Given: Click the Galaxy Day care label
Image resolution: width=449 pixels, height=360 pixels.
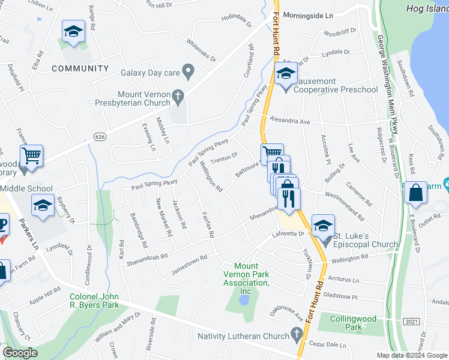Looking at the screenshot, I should (149, 73).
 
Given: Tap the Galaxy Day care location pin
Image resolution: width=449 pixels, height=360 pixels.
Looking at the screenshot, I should (188, 73).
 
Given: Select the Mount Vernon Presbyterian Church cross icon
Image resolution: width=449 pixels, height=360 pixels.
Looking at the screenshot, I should (178, 96).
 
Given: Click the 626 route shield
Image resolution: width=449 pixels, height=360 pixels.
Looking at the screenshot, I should (98, 138).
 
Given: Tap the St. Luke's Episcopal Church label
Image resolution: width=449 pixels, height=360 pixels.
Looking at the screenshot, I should (366, 239).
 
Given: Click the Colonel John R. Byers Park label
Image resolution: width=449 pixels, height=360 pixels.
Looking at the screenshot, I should (94, 301).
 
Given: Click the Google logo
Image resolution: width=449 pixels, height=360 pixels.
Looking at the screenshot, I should (20, 353).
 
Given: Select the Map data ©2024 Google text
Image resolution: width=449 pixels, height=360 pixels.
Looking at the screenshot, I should (412, 355).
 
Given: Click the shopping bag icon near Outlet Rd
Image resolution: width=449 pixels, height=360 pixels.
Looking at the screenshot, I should (415, 193).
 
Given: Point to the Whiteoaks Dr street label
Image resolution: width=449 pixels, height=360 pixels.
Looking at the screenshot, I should (201, 49).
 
